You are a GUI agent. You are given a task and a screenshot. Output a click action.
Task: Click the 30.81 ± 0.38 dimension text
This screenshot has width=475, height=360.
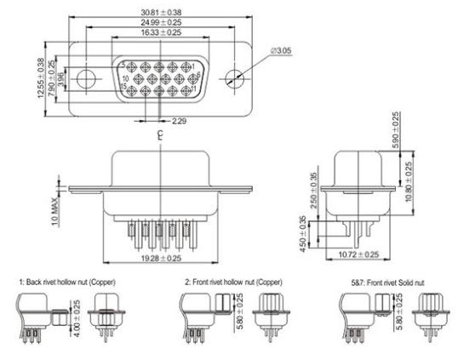[159, 11]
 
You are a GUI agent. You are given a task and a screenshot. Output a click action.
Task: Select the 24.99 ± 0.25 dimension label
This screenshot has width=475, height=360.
[159, 21]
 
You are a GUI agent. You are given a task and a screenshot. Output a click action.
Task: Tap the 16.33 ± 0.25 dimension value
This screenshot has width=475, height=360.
[159, 32]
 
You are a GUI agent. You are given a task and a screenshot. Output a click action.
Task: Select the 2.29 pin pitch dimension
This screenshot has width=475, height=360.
[180, 122]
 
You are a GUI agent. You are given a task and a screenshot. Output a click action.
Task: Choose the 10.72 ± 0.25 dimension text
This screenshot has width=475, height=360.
[358, 254]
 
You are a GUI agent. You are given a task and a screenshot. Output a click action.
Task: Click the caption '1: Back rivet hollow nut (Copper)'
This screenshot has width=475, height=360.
[67, 281]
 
